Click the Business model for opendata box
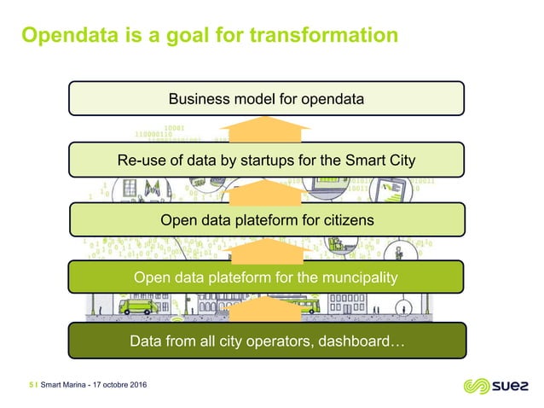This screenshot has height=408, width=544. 267,99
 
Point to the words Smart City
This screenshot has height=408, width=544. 388,160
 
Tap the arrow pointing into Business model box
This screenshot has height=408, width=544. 267,129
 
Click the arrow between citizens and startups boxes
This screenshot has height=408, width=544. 267,190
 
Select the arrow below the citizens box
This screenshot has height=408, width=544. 267,249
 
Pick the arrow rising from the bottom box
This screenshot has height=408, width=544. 267,309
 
